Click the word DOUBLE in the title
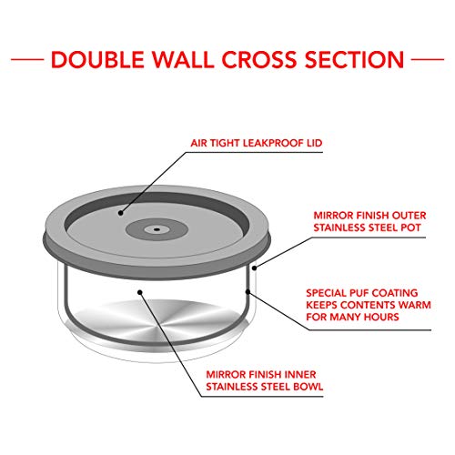coord(97,59)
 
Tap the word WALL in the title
coord(183,59)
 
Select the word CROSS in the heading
coord(259,59)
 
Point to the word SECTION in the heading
coord(354,59)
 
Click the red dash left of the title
coord(27,59)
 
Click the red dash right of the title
coord(428,59)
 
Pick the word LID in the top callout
coord(314,143)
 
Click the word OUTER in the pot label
coord(409,216)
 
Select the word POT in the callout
coord(411,227)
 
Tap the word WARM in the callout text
coord(414,305)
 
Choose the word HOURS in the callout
coord(381,317)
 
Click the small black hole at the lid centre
coord(157,229)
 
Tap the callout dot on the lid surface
coord(121,213)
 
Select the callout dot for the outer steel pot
coord(255,268)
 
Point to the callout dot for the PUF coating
coord(248,292)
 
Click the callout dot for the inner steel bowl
coord(140,292)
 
